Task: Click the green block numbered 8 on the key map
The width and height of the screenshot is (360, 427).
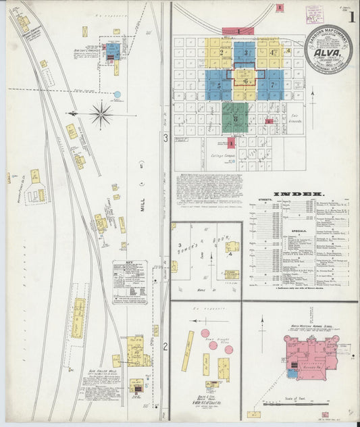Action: coord(234,119)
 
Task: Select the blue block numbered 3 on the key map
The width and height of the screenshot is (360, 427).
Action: coord(245,53)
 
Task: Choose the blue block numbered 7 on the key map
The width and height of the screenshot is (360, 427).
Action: coord(272,85)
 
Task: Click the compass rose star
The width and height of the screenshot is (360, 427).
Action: coord(101,114)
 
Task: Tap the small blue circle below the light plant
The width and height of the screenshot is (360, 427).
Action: coord(118,95)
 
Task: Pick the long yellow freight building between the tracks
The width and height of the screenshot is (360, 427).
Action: coord(79,318)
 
